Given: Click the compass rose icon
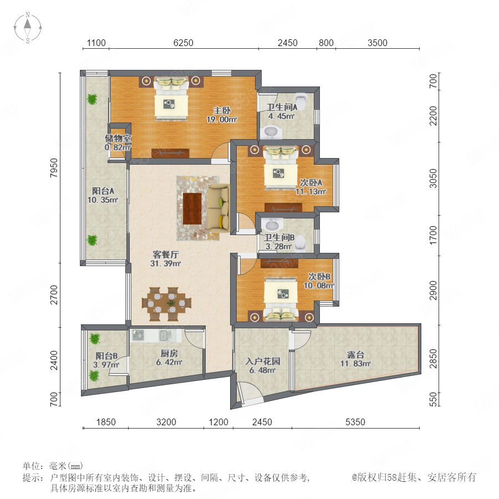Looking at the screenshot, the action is pos(28,27).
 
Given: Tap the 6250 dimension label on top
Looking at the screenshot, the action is pos(184,43).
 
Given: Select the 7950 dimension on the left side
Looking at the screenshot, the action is pos(54,168).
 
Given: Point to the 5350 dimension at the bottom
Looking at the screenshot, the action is pos(355,422).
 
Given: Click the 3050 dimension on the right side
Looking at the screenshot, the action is pos(433,179).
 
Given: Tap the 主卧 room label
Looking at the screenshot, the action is pos(222,110).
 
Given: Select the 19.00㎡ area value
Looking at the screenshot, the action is pos(222,120).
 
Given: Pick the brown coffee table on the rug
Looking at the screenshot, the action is pos(192,209).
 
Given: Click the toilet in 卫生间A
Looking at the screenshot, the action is pos(301,100).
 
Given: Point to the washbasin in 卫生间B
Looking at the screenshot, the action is pos(271,225).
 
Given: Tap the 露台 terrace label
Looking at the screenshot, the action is pos(355,354).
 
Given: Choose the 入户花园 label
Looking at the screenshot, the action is pos(263,361).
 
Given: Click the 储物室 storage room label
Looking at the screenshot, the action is pos(118,138).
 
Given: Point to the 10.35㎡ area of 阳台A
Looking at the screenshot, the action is pos(103,200).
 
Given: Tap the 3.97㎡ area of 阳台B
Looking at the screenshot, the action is pos(106,365).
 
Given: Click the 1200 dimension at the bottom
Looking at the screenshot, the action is pos(218,422).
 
